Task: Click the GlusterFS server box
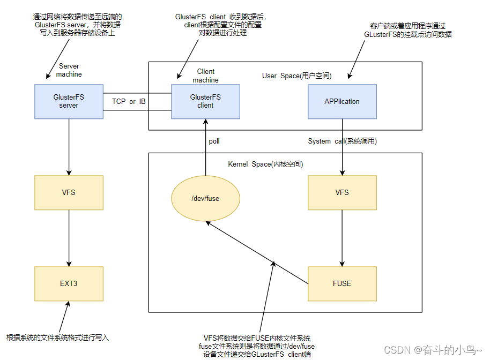pyautogui.click(x=69, y=101)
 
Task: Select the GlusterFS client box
pyautogui.click(x=205, y=101)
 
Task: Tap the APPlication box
pyautogui.click(x=342, y=101)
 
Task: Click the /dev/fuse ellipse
pyautogui.click(x=205, y=198)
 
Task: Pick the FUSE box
pyautogui.click(x=342, y=283)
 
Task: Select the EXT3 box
pyautogui.click(x=69, y=283)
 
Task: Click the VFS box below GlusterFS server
pyautogui.click(x=69, y=192)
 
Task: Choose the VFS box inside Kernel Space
pyautogui.click(x=342, y=192)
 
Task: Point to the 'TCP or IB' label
pyautogui.click(x=129, y=101)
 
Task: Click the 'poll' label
pyautogui.click(x=214, y=141)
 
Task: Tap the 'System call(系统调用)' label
pyautogui.click(x=342, y=141)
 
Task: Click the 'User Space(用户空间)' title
pyautogui.click(x=297, y=76)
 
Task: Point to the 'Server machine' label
pyautogui.click(x=69, y=70)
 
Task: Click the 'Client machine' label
pyautogui.click(x=205, y=76)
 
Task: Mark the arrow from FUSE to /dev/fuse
pyautogui.click(x=257, y=254)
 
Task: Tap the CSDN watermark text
pyautogui.click(x=433, y=349)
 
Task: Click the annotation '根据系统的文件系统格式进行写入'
pyautogui.click(x=57, y=337)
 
